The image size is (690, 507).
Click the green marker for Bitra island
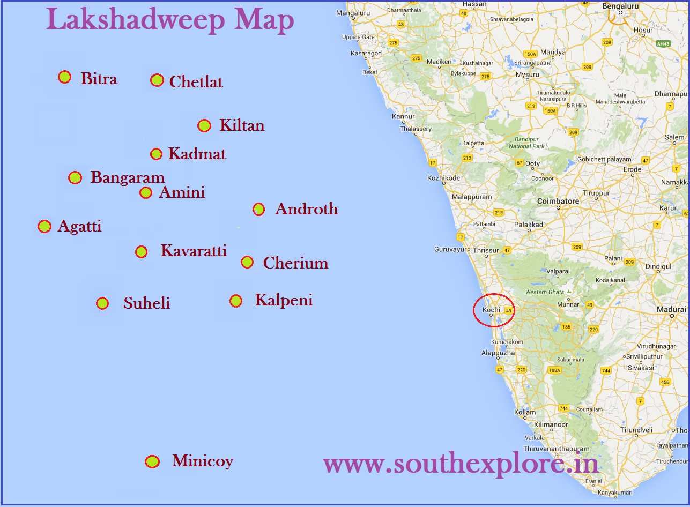pyautogui.click(x=65, y=77)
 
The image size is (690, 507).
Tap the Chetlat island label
pyautogui.click(x=196, y=82)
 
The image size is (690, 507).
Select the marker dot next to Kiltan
pyautogui.click(x=204, y=126)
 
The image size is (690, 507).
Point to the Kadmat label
pyautogui.click(x=197, y=154)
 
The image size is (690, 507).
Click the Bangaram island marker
pyautogui.click(x=75, y=177)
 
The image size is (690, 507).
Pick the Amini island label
pyautogui.click(x=182, y=192)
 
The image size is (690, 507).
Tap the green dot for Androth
pyautogui.click(x=258, y=209)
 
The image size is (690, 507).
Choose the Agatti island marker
pyautogui.click(x=44, y=227)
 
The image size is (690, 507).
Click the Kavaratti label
pyautogui.click(x=194, y=251)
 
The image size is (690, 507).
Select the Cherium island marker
pyautogui.click(x=247, y=262)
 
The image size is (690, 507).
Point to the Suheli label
pyautogui.click(x=146, y=303)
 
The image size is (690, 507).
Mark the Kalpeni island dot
pyautogui.click(x=236, y=301)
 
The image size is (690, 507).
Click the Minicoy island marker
pyautogui.click(x=152, y=461)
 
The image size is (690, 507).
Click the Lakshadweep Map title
pyautogui.click(x=170, y=20)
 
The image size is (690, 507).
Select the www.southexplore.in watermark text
pyautogui.click(x=461, y=463)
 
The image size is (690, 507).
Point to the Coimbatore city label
pyautogui.click(x=558, y=201)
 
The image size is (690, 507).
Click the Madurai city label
pyautogui.click(x=671, y=310)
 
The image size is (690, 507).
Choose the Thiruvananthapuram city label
pyautogui.click(x=556, y=449)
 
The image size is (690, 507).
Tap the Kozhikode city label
pyautogui.click(x=443, y=178)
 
